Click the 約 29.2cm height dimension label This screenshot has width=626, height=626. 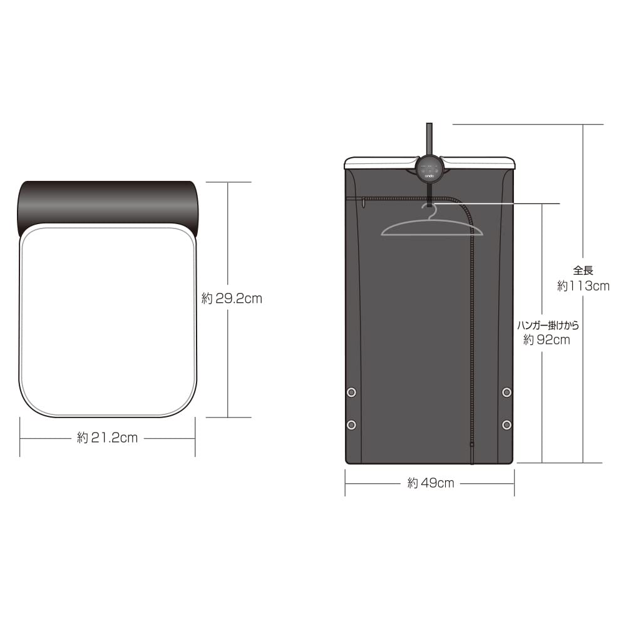232,298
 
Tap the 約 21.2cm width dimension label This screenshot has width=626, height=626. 108,438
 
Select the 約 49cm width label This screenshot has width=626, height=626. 431,483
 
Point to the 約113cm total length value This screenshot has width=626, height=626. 583,286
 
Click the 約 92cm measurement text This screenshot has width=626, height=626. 546,340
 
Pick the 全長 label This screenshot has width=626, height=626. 583,270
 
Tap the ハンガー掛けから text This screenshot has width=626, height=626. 548,326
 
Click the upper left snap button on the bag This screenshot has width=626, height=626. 351,393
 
